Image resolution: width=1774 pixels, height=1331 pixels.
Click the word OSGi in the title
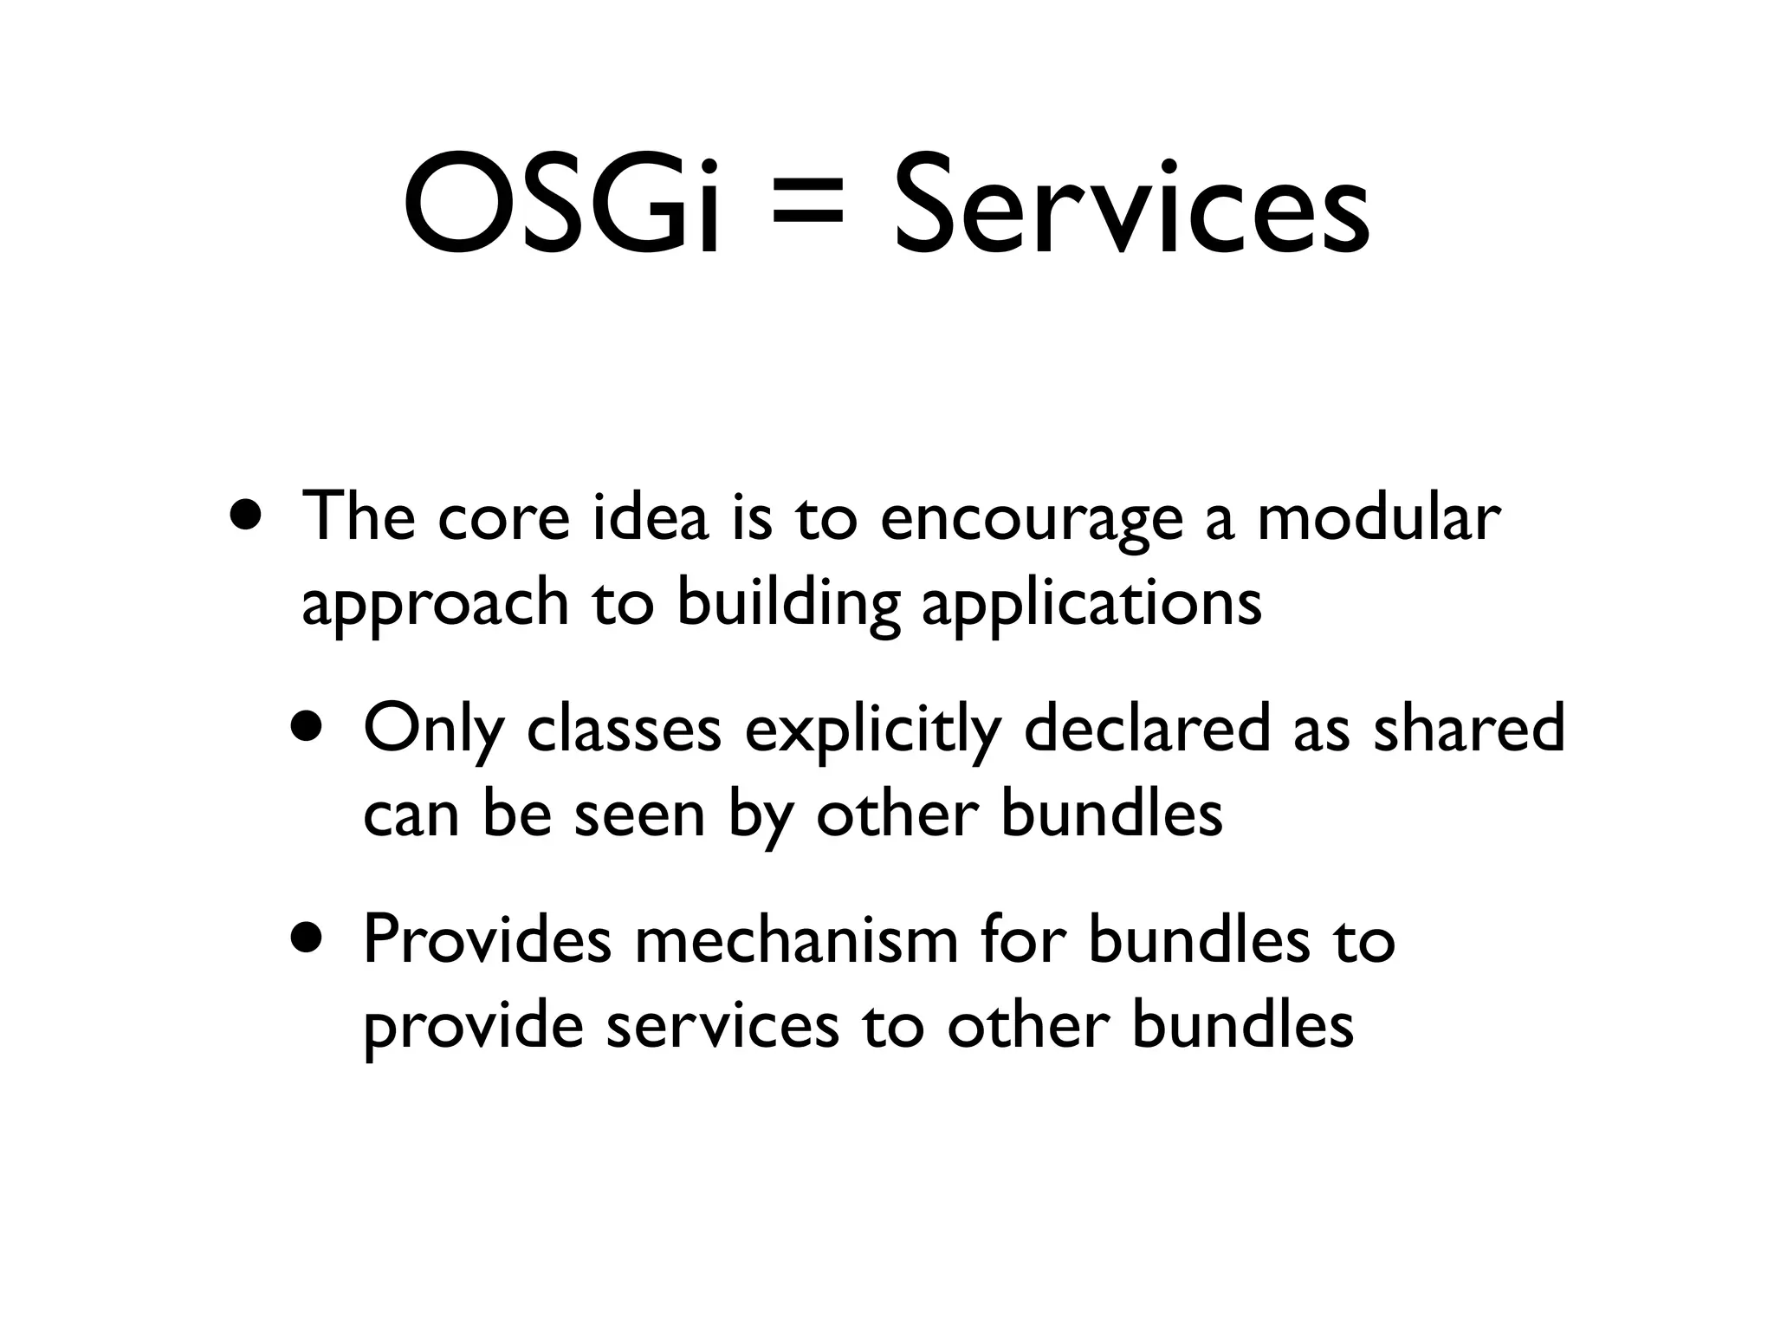click(561, 205)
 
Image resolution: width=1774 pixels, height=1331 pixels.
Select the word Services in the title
click(1131, 205)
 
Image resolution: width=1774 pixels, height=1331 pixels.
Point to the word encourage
click(1031, 520)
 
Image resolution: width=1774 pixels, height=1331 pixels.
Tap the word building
click(787, 604)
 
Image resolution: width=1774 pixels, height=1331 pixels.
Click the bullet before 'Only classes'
click(309, 727)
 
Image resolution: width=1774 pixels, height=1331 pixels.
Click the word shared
click(1469, 727)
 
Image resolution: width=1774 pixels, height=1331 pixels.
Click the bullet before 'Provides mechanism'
click(309, 938)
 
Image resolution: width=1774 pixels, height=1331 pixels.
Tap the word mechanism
click(796, 940)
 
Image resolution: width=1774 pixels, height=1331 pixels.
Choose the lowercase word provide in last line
click(472, 1029)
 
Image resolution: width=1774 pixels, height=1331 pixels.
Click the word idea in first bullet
click(650, 516)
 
